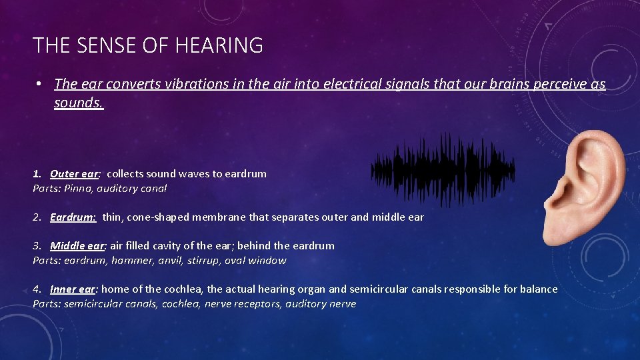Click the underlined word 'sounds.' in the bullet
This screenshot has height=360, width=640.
coord(79,103)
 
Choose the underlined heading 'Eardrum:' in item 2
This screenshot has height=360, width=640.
coord(73,217)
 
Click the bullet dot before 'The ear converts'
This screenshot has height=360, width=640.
coord(40,84)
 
